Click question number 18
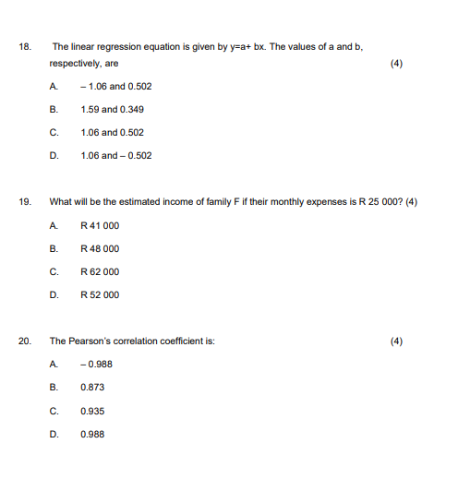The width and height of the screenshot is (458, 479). click(x=23, y=46)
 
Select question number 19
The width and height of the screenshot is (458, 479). click(x=23, y=202)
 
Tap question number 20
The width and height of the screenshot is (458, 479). click(x=24, y=341)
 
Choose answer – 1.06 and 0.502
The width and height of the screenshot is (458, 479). click(x=115, y=87)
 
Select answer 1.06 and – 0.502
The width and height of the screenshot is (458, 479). click(x=115, y=156)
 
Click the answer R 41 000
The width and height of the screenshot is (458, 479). click(x=100, y=225)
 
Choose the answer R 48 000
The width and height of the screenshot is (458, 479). click(x=100, y=248)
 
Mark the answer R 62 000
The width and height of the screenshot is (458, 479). click(x=100, y=271)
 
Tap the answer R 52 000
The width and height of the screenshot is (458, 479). click(x=100, y=295)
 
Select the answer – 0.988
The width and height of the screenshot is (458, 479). click(x=97, y=364)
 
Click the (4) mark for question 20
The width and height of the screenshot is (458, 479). click(x=397, y=341)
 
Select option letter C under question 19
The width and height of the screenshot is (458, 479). click(x=54, y=271)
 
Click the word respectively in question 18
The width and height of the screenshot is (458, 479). click(x=75, y=64)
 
